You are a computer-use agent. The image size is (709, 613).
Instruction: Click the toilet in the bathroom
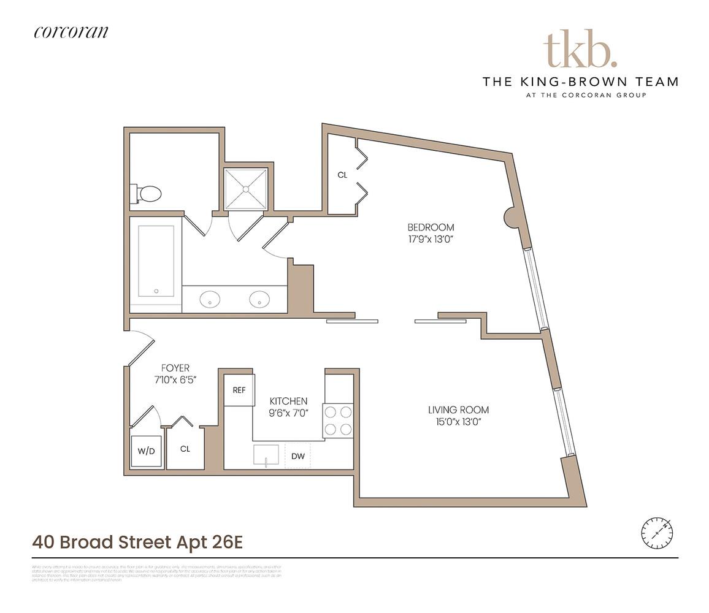click(x=147, y=194)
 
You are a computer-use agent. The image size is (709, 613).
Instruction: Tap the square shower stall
click(x=246, y=189)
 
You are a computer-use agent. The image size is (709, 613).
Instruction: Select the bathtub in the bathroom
click(x=156, y=261)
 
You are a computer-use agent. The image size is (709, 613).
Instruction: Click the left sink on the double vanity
click(x=210, y=299)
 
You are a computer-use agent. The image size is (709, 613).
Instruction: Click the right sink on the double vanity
click(x=259, y=299)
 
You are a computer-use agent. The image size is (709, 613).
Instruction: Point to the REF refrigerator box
click(x=239, y=390)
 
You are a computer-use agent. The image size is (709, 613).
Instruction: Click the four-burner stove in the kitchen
click(x=338, y=421)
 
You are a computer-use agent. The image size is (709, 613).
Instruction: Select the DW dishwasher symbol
click(x=298, y=456)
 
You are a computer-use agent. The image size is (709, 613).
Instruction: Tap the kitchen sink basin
click(x=266, y=455)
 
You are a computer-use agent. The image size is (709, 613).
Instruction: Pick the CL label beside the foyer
click(x=185, y=449)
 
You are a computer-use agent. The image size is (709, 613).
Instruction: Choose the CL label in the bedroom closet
click(x=342, y=175)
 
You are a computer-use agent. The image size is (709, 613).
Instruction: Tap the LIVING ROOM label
click(x=459, y=410)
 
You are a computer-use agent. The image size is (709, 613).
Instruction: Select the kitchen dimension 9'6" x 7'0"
click(x=288, y=414)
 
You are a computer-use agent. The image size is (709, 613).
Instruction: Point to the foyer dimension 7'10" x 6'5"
click(x=175, y=380)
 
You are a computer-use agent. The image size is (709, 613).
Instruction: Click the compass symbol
click(x=657, y=533)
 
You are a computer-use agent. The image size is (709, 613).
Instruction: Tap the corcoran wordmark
click(x=71, y=32)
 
